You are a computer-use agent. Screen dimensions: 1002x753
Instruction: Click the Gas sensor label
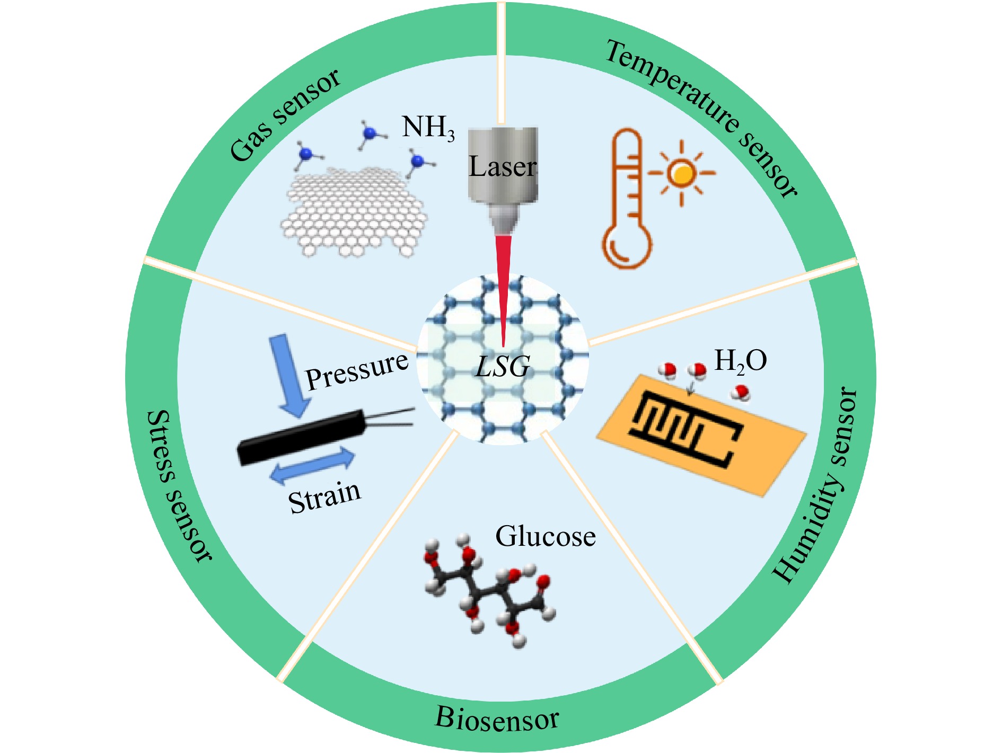click(285, 114)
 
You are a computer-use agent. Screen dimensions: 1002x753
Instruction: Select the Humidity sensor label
click(815, 485)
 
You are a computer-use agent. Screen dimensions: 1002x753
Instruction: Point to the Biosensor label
click(497, 718)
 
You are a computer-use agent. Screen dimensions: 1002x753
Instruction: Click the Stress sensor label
click(179, 485)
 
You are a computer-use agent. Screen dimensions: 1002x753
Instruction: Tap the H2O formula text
click(741, 361)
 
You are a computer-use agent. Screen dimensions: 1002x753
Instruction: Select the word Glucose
click(546, 536)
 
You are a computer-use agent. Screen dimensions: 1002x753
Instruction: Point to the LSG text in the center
click(503, 366)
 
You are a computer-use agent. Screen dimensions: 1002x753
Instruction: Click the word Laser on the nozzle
click(503, 166)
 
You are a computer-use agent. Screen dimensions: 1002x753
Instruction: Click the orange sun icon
click(681, 173)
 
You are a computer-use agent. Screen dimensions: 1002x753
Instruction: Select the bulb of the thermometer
click(627, 244)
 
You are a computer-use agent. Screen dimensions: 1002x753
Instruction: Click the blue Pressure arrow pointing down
click(289, 376)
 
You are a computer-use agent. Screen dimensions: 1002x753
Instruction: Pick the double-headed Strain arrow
click(313, 465)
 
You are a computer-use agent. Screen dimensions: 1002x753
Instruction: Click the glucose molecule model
click(489, 590)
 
